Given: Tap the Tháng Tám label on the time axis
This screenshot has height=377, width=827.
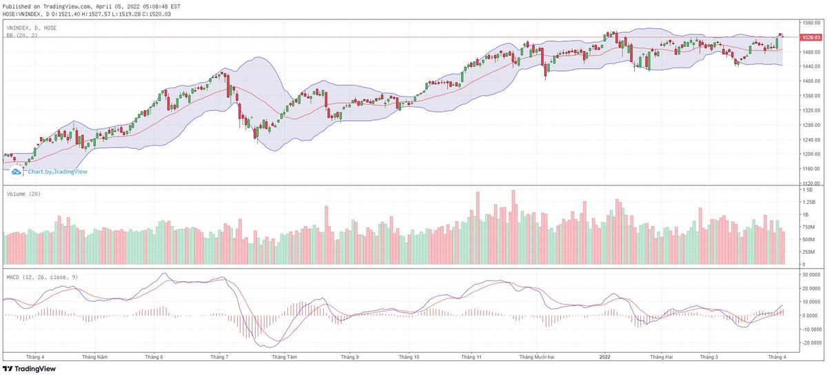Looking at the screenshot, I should tap(284, 357).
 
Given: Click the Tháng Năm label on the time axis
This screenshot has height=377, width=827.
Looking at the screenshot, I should tap(94, 357).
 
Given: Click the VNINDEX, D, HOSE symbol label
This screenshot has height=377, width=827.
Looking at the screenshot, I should tap(32, 28).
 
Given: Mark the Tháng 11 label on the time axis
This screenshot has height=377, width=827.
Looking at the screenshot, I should tap(471, 357).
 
